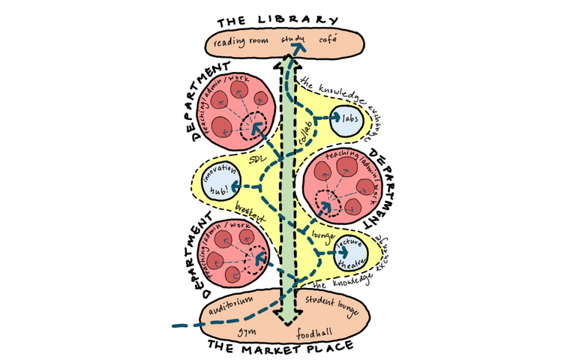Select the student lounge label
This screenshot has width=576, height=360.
[x=330, y=303]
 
